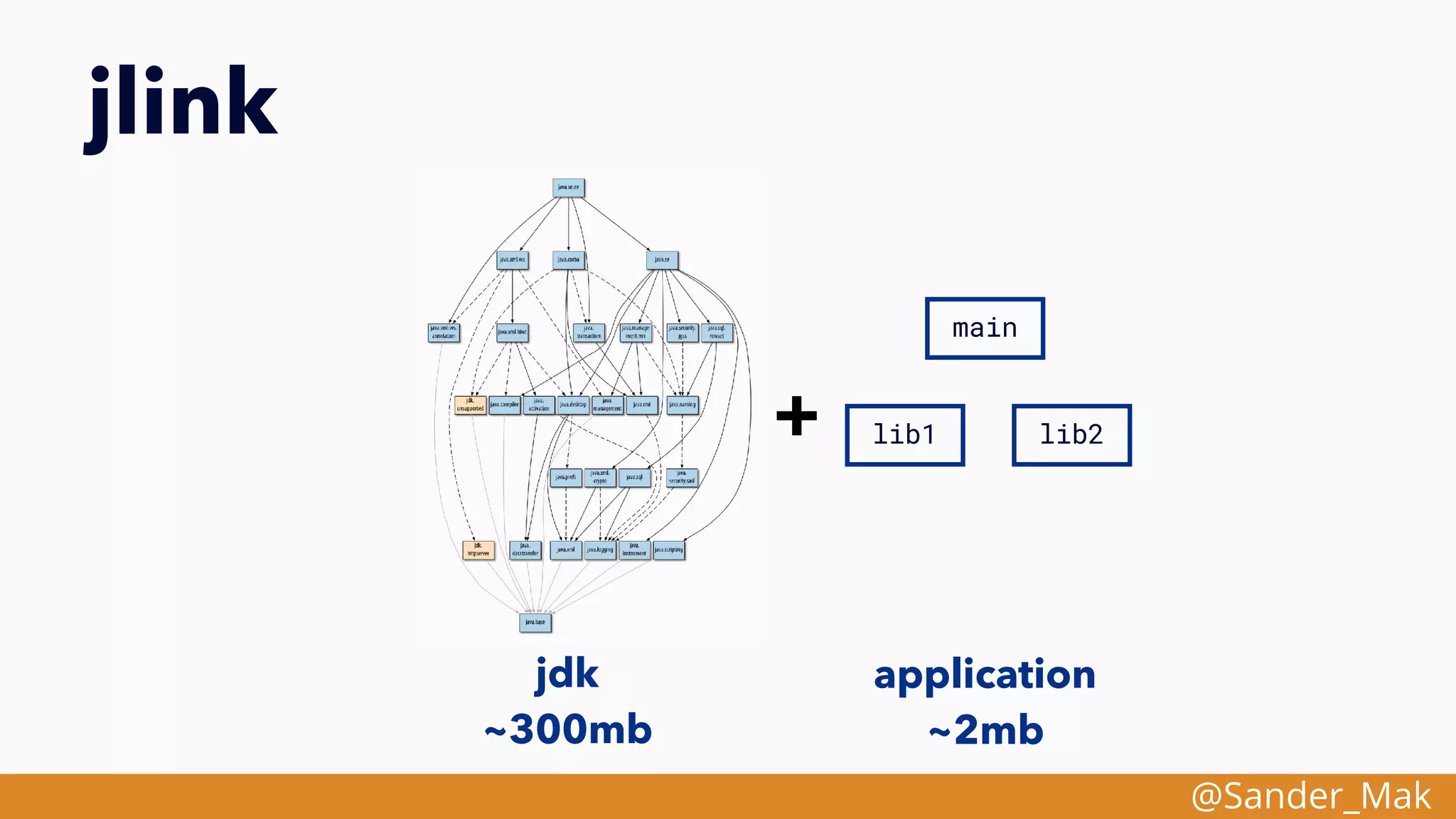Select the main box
[985, 328]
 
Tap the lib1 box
[904, 435]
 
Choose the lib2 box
[1071, 435]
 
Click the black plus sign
[796, 416]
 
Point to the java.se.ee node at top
[568, 188]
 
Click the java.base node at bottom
[535, 622]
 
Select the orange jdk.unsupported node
[470, 405]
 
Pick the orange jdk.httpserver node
[478, 550]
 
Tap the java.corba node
[568, 260]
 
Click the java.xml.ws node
[512, 260]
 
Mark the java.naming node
[682, 405]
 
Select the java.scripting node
[669, 550]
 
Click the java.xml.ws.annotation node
[444, 333]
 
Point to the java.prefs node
[566, 477]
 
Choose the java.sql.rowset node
[717, 333]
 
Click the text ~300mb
[568, 729]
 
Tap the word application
[985, 674]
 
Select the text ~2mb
[986, 730]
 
